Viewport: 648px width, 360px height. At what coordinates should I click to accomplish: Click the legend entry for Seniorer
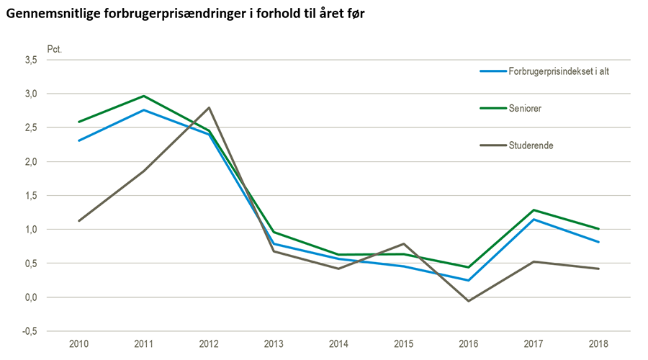point(525,108)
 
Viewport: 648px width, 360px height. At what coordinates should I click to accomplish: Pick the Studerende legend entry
point(529,145)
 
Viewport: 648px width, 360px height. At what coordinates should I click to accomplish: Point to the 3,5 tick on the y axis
point(31,60)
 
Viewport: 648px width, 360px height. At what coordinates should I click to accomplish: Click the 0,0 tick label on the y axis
point(31,297)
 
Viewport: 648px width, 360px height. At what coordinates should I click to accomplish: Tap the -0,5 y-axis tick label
point(30,331)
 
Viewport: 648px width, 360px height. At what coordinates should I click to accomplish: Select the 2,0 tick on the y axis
point(31,162)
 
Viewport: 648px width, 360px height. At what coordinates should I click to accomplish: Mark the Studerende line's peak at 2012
point(209,108)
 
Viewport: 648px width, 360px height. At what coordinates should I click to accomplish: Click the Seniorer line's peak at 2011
point(143,96)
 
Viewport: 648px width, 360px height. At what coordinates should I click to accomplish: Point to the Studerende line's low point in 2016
point(469,301)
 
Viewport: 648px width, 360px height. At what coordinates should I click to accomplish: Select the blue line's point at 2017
point(534,219)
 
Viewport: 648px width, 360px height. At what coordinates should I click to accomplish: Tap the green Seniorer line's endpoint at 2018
point(598,229)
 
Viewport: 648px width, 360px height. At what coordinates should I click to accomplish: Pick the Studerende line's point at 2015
point(404,243)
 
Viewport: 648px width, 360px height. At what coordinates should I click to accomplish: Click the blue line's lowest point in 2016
point(469,280)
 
